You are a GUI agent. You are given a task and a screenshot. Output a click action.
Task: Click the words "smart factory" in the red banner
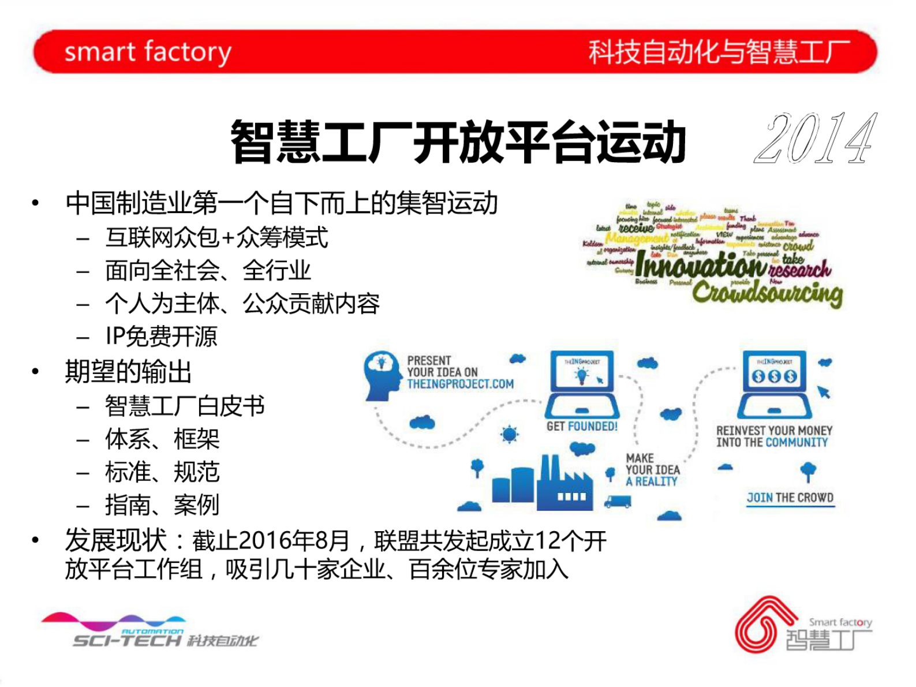(x=148, y=52)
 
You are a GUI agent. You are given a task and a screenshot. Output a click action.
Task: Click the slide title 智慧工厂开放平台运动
(x=458, y=142)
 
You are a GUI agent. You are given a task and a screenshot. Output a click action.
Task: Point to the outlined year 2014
(x=816, y=139)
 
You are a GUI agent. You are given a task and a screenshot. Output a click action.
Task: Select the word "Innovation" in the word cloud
(x=701, y=266)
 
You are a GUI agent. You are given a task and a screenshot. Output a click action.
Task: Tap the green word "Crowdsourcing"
(x=767, y=293)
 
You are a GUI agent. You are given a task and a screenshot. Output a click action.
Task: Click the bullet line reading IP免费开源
(x=161, y=337)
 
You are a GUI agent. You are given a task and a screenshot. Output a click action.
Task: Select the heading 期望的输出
(x=128, y=372)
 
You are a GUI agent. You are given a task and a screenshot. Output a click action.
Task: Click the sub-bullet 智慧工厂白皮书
(x=185, y=406)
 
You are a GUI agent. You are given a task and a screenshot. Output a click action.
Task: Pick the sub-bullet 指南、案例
(x=162, y=505)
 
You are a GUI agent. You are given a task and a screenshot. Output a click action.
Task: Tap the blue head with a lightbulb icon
(x=382, y=374)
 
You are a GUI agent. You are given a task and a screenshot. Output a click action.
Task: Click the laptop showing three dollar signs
(x=774, y=384)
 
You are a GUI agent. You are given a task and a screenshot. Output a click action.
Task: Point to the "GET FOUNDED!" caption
(x=582, y=427)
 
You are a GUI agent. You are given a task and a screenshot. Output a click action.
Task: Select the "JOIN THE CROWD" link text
(x=790, y=498)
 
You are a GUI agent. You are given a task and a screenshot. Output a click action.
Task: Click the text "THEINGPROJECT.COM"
(x=460, y=384)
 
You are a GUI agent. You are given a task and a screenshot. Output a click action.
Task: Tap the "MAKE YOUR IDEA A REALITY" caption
(x=652, y=470)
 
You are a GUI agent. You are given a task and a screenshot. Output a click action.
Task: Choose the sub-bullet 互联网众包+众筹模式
(x=216, y=237)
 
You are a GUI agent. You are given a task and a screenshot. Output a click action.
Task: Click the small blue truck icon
(x=617, y=502)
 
